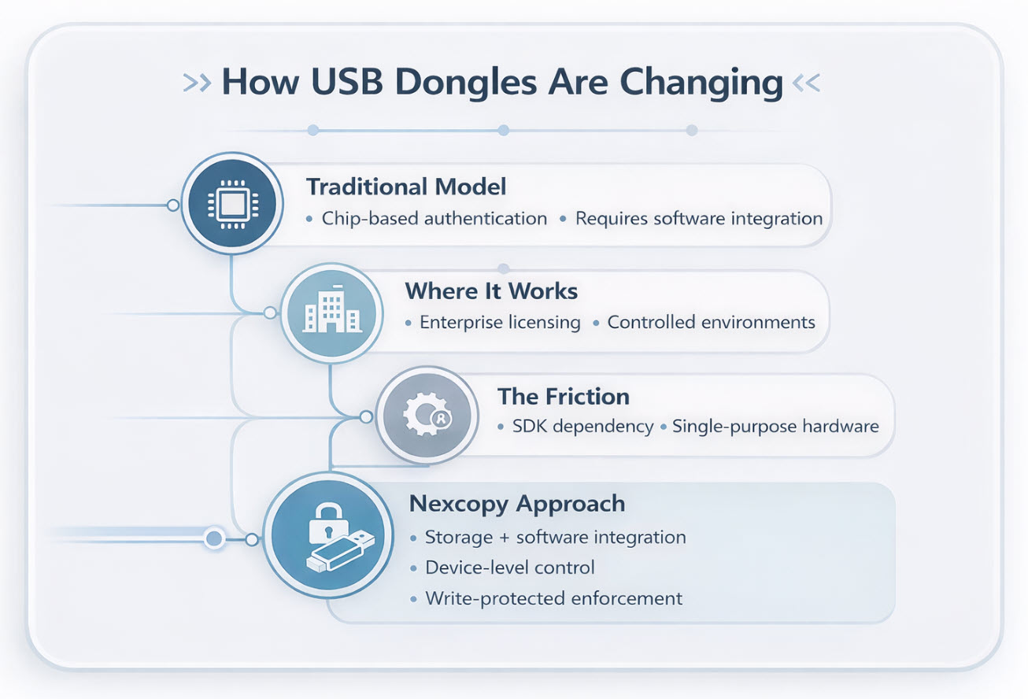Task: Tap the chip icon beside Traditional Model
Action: point(228,205)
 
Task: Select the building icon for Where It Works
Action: point(331,313)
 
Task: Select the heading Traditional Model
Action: point(406,187)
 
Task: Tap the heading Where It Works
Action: point(491,291)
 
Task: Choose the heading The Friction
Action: point(563,396)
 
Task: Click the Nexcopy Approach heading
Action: point(517,504)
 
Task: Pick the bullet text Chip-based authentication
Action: point(434,219)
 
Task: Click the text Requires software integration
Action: point(699,219)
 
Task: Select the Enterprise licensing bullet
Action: point(500,323)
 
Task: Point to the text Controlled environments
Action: point(712,323)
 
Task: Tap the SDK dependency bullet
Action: point(582,427)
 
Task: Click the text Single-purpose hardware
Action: point(775,427)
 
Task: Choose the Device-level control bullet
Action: point(510,568)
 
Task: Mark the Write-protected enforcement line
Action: point(553,598)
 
